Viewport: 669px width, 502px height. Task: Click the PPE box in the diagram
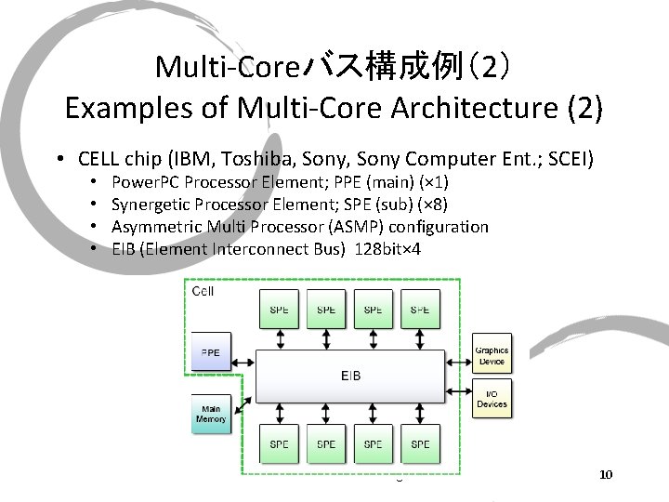point(211,354)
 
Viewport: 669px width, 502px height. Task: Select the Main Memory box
point(211,414)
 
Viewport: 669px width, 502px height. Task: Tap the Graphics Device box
point(492,355)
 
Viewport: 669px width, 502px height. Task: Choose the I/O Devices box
point(492,398)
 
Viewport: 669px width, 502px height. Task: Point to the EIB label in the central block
point(350,376)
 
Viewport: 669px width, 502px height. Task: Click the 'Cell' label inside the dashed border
point(203,292)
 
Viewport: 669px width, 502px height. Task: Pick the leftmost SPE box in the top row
point(279,309)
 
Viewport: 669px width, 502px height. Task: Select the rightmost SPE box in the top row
point(420,309)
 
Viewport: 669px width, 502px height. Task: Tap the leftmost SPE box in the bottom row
point(279,444)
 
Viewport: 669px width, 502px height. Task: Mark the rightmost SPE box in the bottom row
point(420,444)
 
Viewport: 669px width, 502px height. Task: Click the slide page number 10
point(606,475)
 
